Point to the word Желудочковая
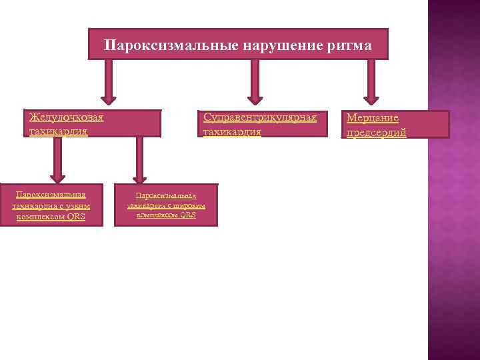pos(66,117)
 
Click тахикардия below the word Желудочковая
pos(58,131)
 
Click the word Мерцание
pos(372,118)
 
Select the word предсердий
pos(376,133)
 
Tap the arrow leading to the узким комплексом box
pos(58,160)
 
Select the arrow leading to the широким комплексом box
pos(139,160)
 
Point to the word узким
pos(80,206)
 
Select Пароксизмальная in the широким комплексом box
pos(166,196)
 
